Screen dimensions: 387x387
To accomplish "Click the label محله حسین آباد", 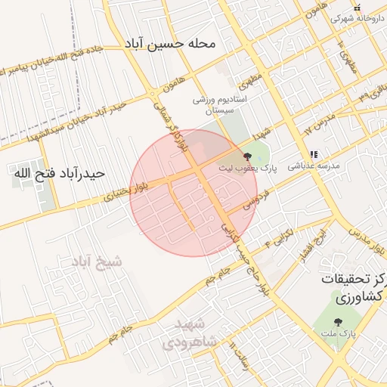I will pyautogui.click(x=172, y=45).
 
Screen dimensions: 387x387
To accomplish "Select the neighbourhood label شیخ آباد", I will pyautogui.click(x=96, y=262).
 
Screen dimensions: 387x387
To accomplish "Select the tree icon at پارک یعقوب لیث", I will pyautogui.click(x=248, y=154).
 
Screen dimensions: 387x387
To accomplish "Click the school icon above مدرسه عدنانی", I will pyautogui.click(x=313, y=155).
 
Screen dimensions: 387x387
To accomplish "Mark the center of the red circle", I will pyautogui.click(x=193, y=193).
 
